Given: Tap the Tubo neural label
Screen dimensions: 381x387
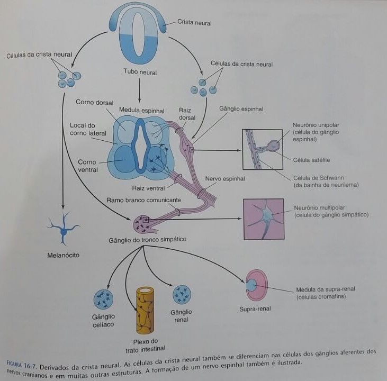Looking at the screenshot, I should (140, 71).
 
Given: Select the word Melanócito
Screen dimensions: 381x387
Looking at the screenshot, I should (63, 256).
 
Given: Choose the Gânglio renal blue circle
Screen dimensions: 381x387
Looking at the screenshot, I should (182, 294).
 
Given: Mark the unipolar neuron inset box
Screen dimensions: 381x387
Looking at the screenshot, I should (263, 149).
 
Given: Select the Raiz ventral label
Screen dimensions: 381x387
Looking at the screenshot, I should (148, 187).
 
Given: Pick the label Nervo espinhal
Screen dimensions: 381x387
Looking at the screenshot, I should (225, 179).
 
